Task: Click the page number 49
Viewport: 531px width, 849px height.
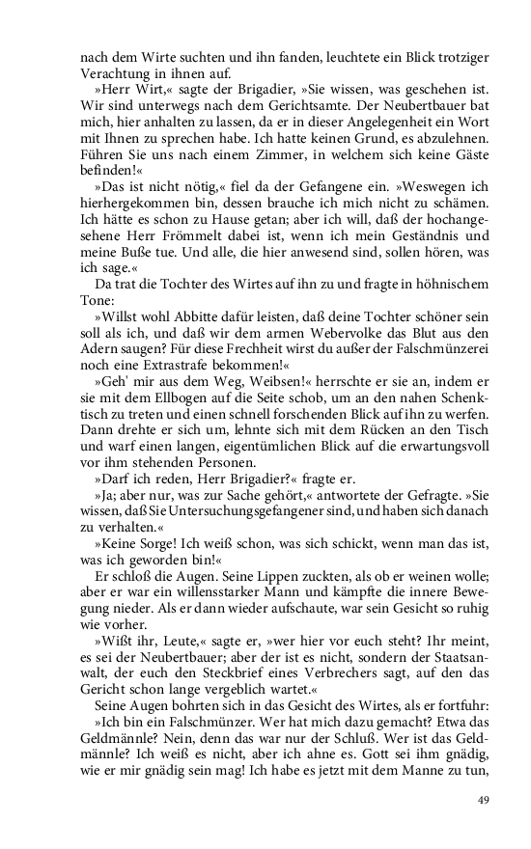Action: coord(485,800)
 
